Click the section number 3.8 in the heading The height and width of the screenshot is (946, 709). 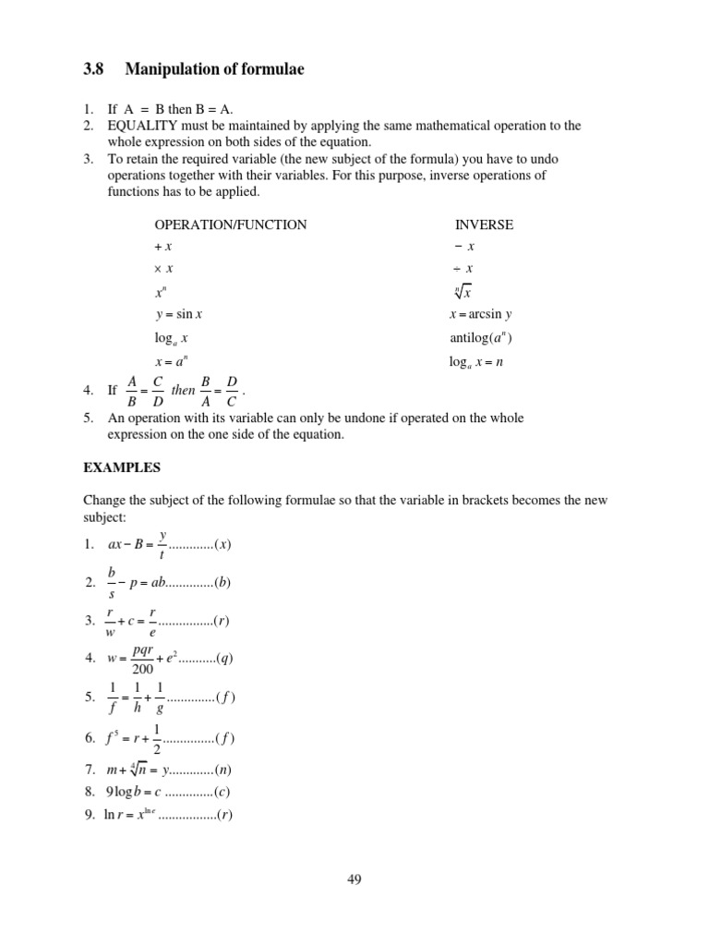94,68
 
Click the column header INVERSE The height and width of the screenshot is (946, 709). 484,224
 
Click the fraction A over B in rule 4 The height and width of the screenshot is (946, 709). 131,390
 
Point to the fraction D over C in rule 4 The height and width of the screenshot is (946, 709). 232,390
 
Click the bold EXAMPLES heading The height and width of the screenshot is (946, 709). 121,468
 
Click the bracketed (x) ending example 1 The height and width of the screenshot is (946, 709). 222,544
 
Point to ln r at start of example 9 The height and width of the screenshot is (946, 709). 115,815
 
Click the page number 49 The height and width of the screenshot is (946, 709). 354,880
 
